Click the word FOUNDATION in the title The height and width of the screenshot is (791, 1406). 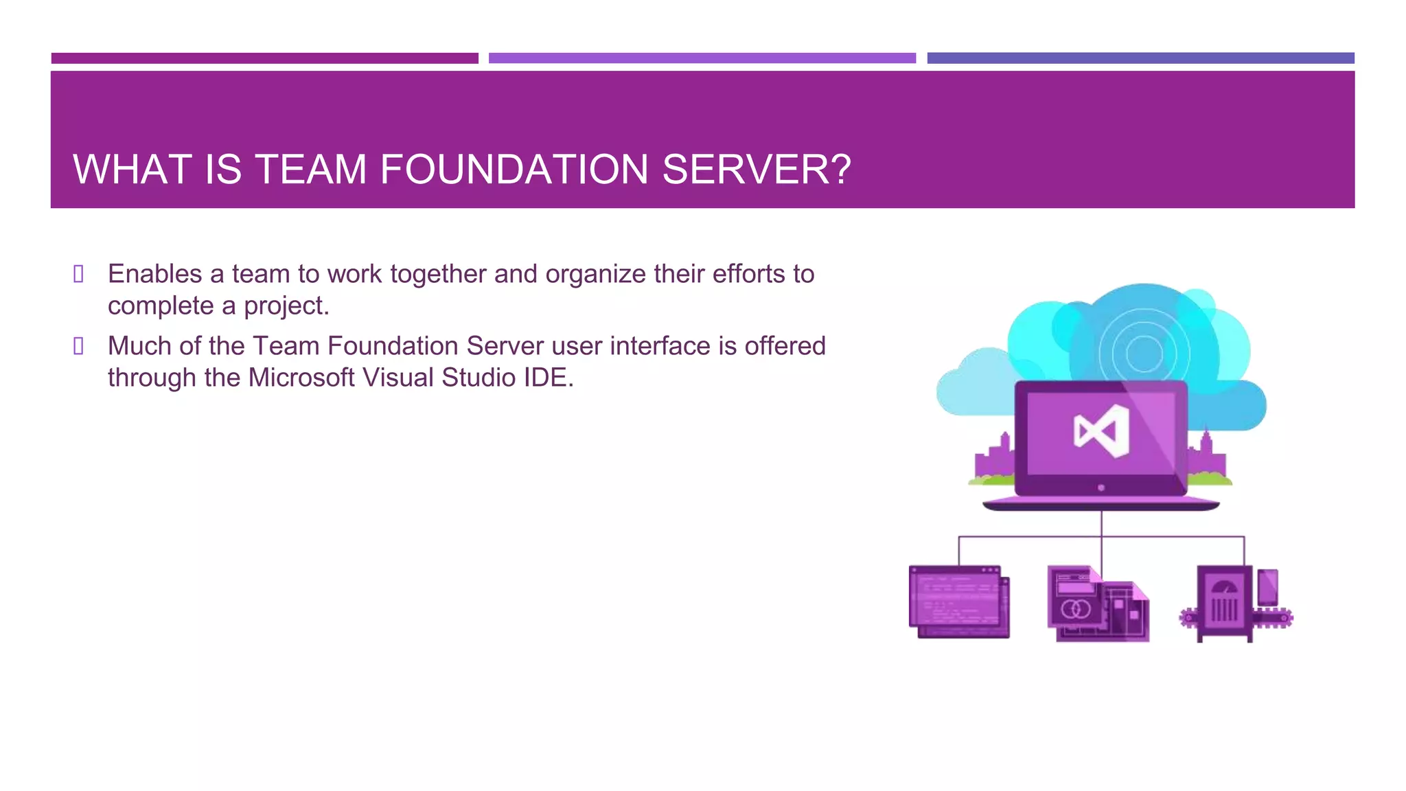(x=514, y=170)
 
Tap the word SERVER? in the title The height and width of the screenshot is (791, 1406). (x=757, y=170)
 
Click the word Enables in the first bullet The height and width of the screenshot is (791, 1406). (x=154, y=274)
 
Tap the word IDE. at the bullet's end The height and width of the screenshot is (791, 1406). (x=549, y=378)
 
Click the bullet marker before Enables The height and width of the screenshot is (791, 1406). (x=79, y=274)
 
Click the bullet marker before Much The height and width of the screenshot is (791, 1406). (x=79, y=346)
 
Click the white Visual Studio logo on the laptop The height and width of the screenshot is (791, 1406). (x=1101, y=431)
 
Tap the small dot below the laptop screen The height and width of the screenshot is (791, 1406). (x=1101, y=488)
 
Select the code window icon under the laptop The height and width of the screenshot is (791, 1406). (x=959, y=601)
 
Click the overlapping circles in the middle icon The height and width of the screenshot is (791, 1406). (x=1075, y=609)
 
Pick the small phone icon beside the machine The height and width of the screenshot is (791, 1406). (x=1267, y=587)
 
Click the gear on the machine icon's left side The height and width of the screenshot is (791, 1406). (x=1188, y=618)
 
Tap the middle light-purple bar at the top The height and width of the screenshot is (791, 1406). (x=702, y=58)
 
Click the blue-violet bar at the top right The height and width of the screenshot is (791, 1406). (x=1140, y=58)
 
